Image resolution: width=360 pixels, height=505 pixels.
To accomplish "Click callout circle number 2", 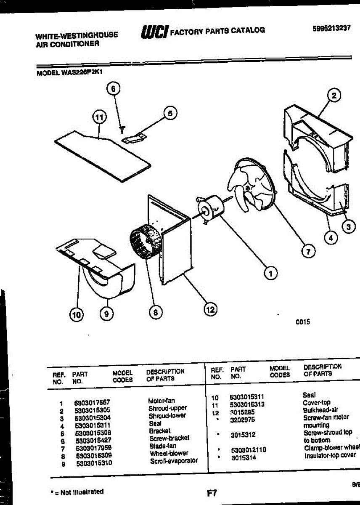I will click(334, 96).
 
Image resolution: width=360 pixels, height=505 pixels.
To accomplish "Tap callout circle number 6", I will click(113, 89).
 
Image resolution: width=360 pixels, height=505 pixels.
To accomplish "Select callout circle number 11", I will click(98, 117).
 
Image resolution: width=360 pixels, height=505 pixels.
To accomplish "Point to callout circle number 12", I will click(209, 310).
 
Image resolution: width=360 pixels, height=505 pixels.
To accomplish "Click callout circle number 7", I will click(308, 252).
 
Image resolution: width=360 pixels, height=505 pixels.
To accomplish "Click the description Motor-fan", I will click(161, 401).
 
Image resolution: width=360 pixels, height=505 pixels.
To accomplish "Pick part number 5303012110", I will click(248, 450).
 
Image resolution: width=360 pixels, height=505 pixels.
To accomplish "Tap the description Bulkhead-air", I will click(320, 410).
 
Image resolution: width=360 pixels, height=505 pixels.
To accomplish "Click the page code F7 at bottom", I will click(212, 493).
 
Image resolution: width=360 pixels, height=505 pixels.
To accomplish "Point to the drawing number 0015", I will click(303, 322).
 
